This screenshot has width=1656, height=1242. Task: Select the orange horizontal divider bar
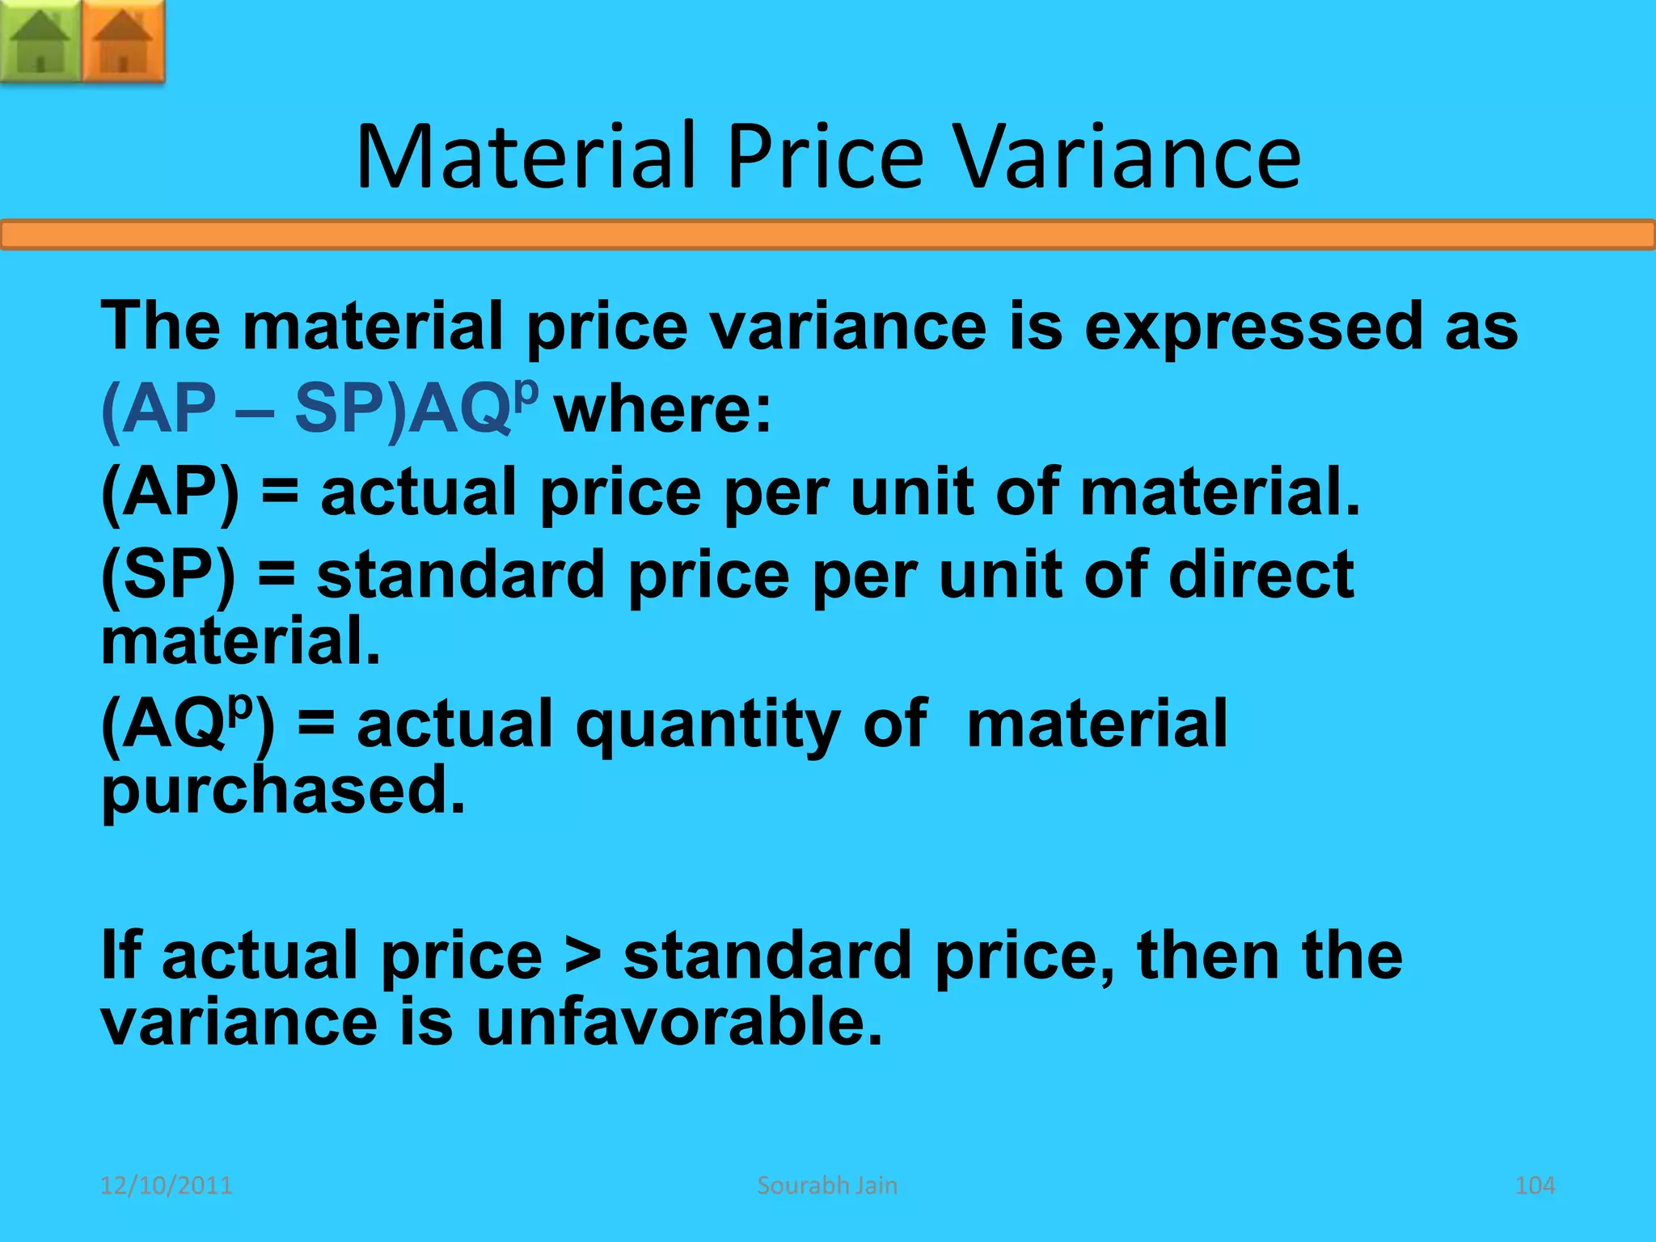828,234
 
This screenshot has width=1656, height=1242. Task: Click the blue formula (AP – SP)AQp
319,408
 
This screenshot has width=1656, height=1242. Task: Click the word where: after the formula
663,410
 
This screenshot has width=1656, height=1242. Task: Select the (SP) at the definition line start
168,574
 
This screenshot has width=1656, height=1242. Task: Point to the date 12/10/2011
166,1185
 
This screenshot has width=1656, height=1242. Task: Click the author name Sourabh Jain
827,1185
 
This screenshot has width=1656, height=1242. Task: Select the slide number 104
1534,1185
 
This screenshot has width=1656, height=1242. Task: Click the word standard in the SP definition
460,574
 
